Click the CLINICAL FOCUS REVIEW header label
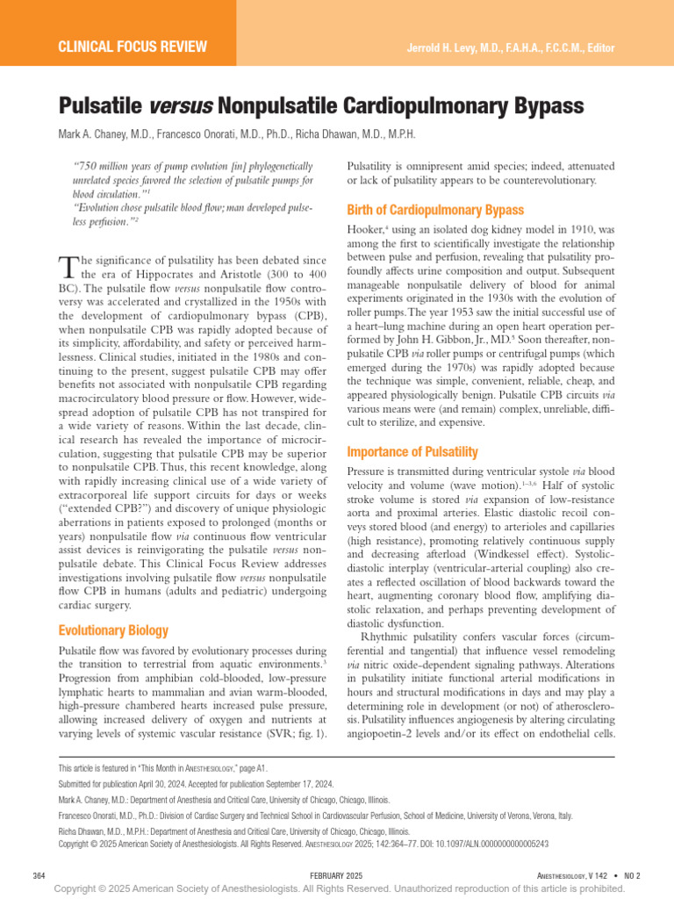click(133, 47)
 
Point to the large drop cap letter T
click(68, 265)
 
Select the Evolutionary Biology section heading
click(113, 630)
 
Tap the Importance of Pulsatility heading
click(412, 452)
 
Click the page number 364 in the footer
click(39, 875)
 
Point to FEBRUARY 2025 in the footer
click(335, 875)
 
